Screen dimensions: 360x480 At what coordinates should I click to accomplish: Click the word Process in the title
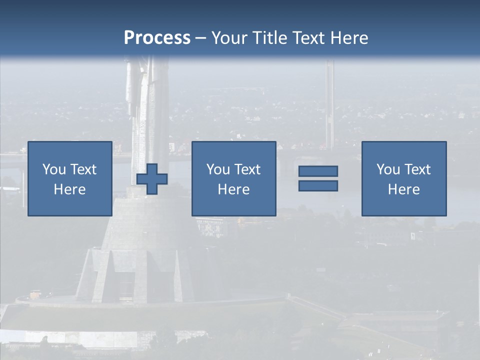click(x=157, y=37)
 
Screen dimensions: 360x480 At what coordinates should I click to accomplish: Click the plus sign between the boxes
click(x=152, y=179)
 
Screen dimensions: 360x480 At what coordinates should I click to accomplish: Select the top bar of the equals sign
click(x=318, y=171)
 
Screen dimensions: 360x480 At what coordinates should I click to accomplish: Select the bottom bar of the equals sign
click(x=318, y=185)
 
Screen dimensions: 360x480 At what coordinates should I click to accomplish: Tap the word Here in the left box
click(x=69, y=189)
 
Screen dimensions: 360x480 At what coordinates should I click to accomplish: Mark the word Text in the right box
click(x=416, y=169)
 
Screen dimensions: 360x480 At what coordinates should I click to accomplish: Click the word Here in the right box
click(x=403, y=189)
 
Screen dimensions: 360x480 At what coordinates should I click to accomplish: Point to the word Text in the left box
click(x=82, y=169)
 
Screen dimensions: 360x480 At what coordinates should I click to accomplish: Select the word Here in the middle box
click(x=233, y=189)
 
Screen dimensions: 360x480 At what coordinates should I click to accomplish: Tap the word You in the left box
click(x=54, y=169)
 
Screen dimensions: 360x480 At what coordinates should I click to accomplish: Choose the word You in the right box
click(x=388, y=169)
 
